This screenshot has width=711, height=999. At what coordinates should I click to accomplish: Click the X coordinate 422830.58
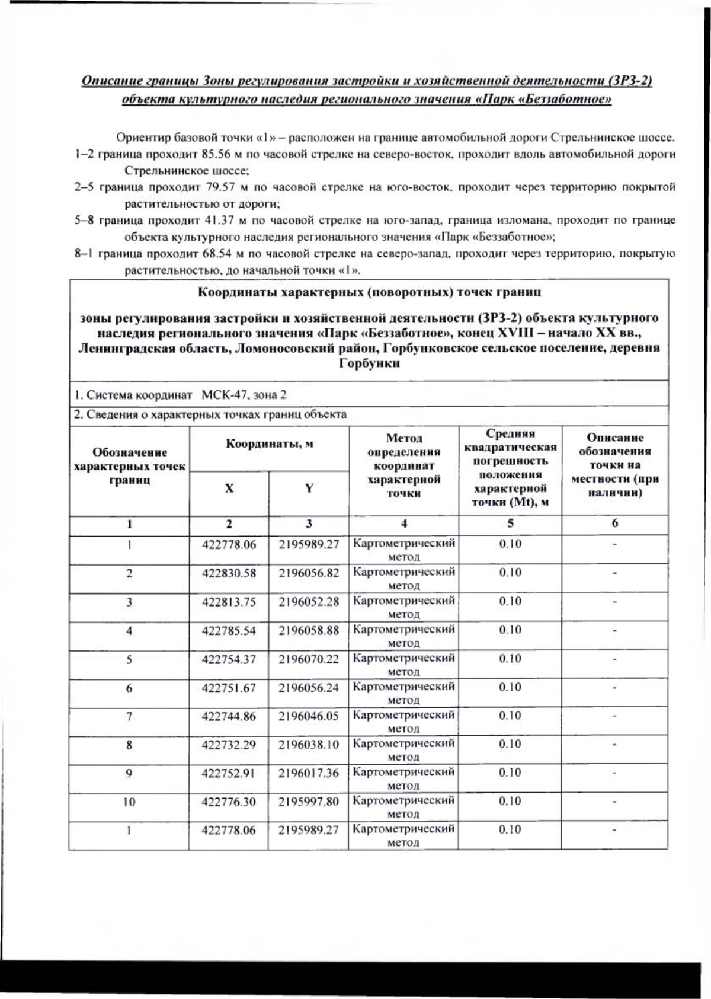coord(229,573)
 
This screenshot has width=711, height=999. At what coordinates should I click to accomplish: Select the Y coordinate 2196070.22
coord(308,659)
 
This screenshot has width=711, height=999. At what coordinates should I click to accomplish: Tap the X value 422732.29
coord(229,744)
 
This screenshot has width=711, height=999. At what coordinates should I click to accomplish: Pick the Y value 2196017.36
coord(308,773)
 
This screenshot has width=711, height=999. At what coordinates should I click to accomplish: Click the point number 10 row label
coord(129,802)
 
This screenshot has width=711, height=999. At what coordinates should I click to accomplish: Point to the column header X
coord(229,488)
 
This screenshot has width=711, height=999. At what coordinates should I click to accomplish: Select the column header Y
coord(309,488)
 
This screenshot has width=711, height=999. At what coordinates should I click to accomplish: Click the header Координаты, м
coord(269,443)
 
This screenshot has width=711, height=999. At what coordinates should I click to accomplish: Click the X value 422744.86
coord(229,716)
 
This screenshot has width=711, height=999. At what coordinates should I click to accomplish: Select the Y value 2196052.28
coord(308,601)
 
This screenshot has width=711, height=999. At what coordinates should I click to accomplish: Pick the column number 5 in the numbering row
coord(510,524)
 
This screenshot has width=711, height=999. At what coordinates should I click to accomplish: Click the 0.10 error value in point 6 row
coord(510,687)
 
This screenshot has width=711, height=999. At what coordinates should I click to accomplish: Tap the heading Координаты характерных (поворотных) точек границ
coord(369,292)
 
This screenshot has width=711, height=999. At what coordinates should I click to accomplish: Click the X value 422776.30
coord(229,802)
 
